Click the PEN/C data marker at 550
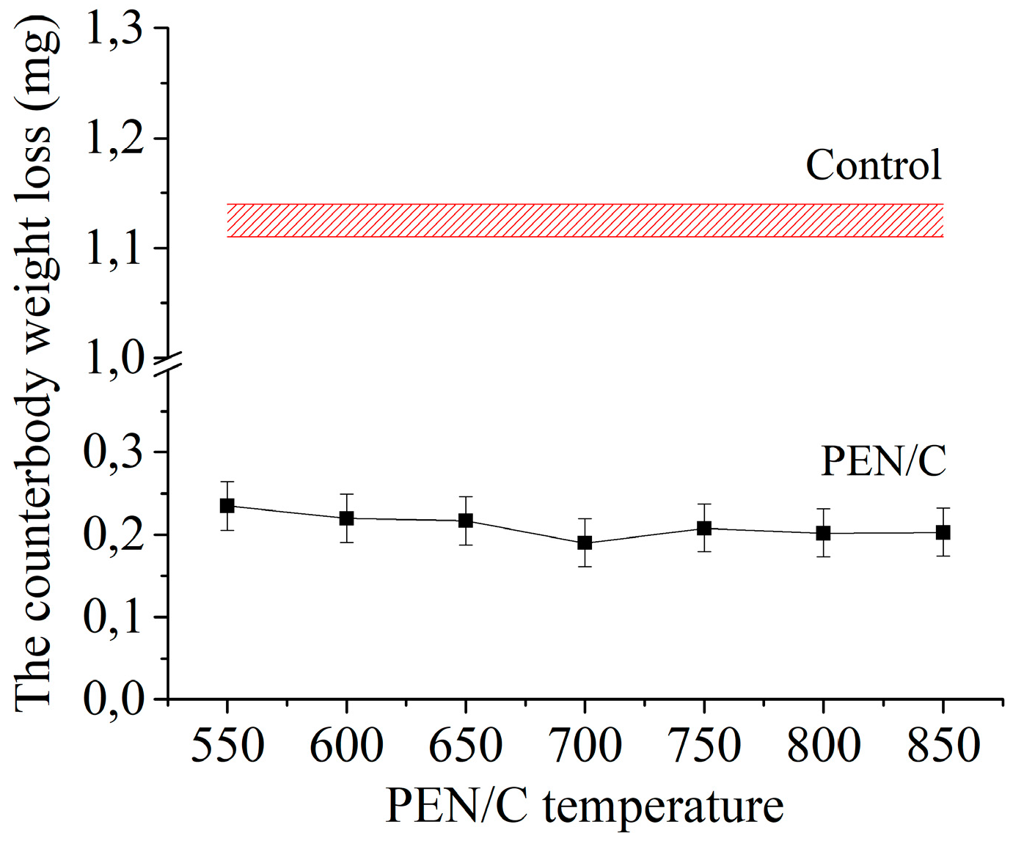227,506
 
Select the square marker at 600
346,518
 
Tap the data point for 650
466,521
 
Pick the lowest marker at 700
585,543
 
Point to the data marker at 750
704,528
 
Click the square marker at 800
823,533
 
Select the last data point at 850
943,532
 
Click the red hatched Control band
585,221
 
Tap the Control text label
873,165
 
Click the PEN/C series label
882,461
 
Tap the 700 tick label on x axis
585,746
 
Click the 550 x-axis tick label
227,746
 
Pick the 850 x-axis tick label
943,746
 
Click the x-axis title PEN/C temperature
585,806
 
